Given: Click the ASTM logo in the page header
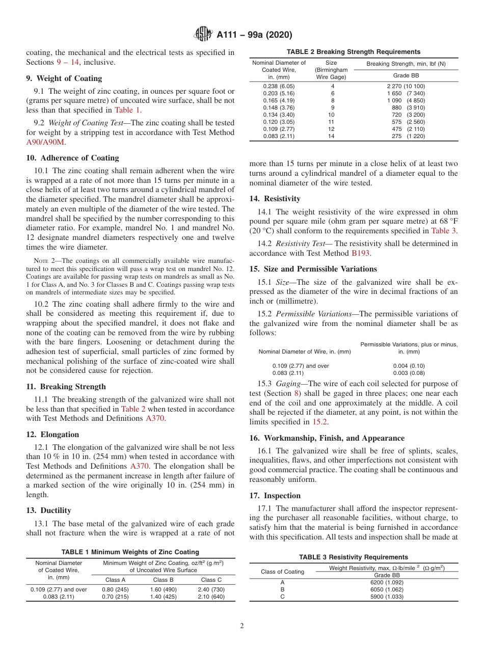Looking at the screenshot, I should [x=204, y=35].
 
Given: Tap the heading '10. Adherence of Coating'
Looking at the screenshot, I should [x=72, y=158].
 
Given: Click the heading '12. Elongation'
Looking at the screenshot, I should [x=52, y=435].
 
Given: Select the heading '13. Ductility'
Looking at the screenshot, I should [x=48, y=510].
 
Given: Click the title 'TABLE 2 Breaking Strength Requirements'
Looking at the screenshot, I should [x=354, y=52].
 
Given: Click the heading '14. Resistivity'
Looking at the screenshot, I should [x=275, y=199].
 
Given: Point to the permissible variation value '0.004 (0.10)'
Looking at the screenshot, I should [x=409, y=366].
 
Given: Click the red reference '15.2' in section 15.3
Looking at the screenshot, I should [x=320, y=421].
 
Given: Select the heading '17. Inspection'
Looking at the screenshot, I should [x=275, y=496].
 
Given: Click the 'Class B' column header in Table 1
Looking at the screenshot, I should [x=164, y=580].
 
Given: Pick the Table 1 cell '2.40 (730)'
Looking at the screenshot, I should [x=211, y=589].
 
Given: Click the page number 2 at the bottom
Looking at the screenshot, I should [x=242, y=626].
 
